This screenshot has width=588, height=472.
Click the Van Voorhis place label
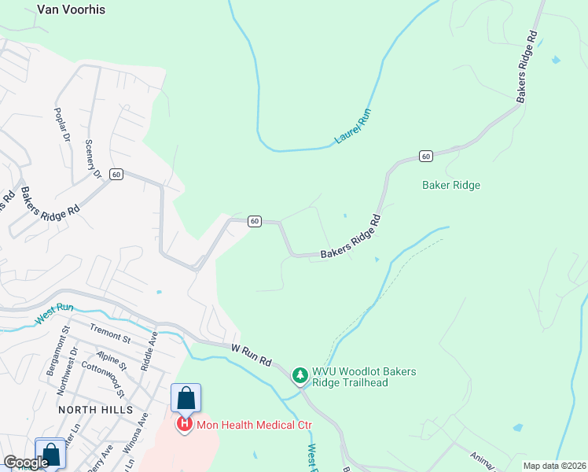[71, 10]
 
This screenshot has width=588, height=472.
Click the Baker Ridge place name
[450, 186]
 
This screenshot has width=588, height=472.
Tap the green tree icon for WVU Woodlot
[300, 376]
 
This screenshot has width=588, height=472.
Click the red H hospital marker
[184, 425]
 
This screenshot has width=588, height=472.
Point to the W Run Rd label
[252, 354]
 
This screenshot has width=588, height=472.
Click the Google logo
[26, 463]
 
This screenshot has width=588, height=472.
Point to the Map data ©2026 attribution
[554, 466]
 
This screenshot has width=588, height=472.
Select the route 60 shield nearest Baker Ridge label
[425, 157]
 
